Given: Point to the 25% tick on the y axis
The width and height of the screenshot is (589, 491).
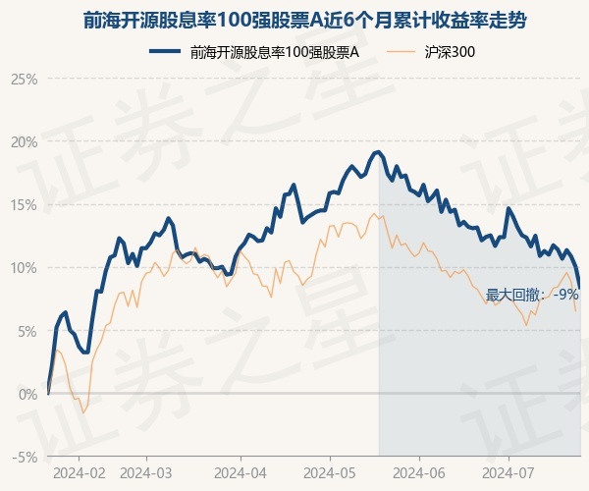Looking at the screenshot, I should click(24, 79).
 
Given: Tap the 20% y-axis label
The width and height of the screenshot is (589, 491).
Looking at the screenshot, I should click(24, 141).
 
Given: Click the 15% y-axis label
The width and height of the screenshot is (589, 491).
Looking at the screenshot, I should click(24, 204).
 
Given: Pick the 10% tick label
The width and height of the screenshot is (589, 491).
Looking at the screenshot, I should click(24, 267).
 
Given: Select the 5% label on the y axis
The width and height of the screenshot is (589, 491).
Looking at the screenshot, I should click(27, 331).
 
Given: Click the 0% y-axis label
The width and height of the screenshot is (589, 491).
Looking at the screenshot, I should click(27, 394).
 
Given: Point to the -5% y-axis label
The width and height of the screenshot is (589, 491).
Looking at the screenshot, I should click(25, 457).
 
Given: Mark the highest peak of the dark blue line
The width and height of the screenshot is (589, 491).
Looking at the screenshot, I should click(377, 151).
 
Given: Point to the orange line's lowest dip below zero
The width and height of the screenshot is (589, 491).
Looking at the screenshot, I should click(83, 412).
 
